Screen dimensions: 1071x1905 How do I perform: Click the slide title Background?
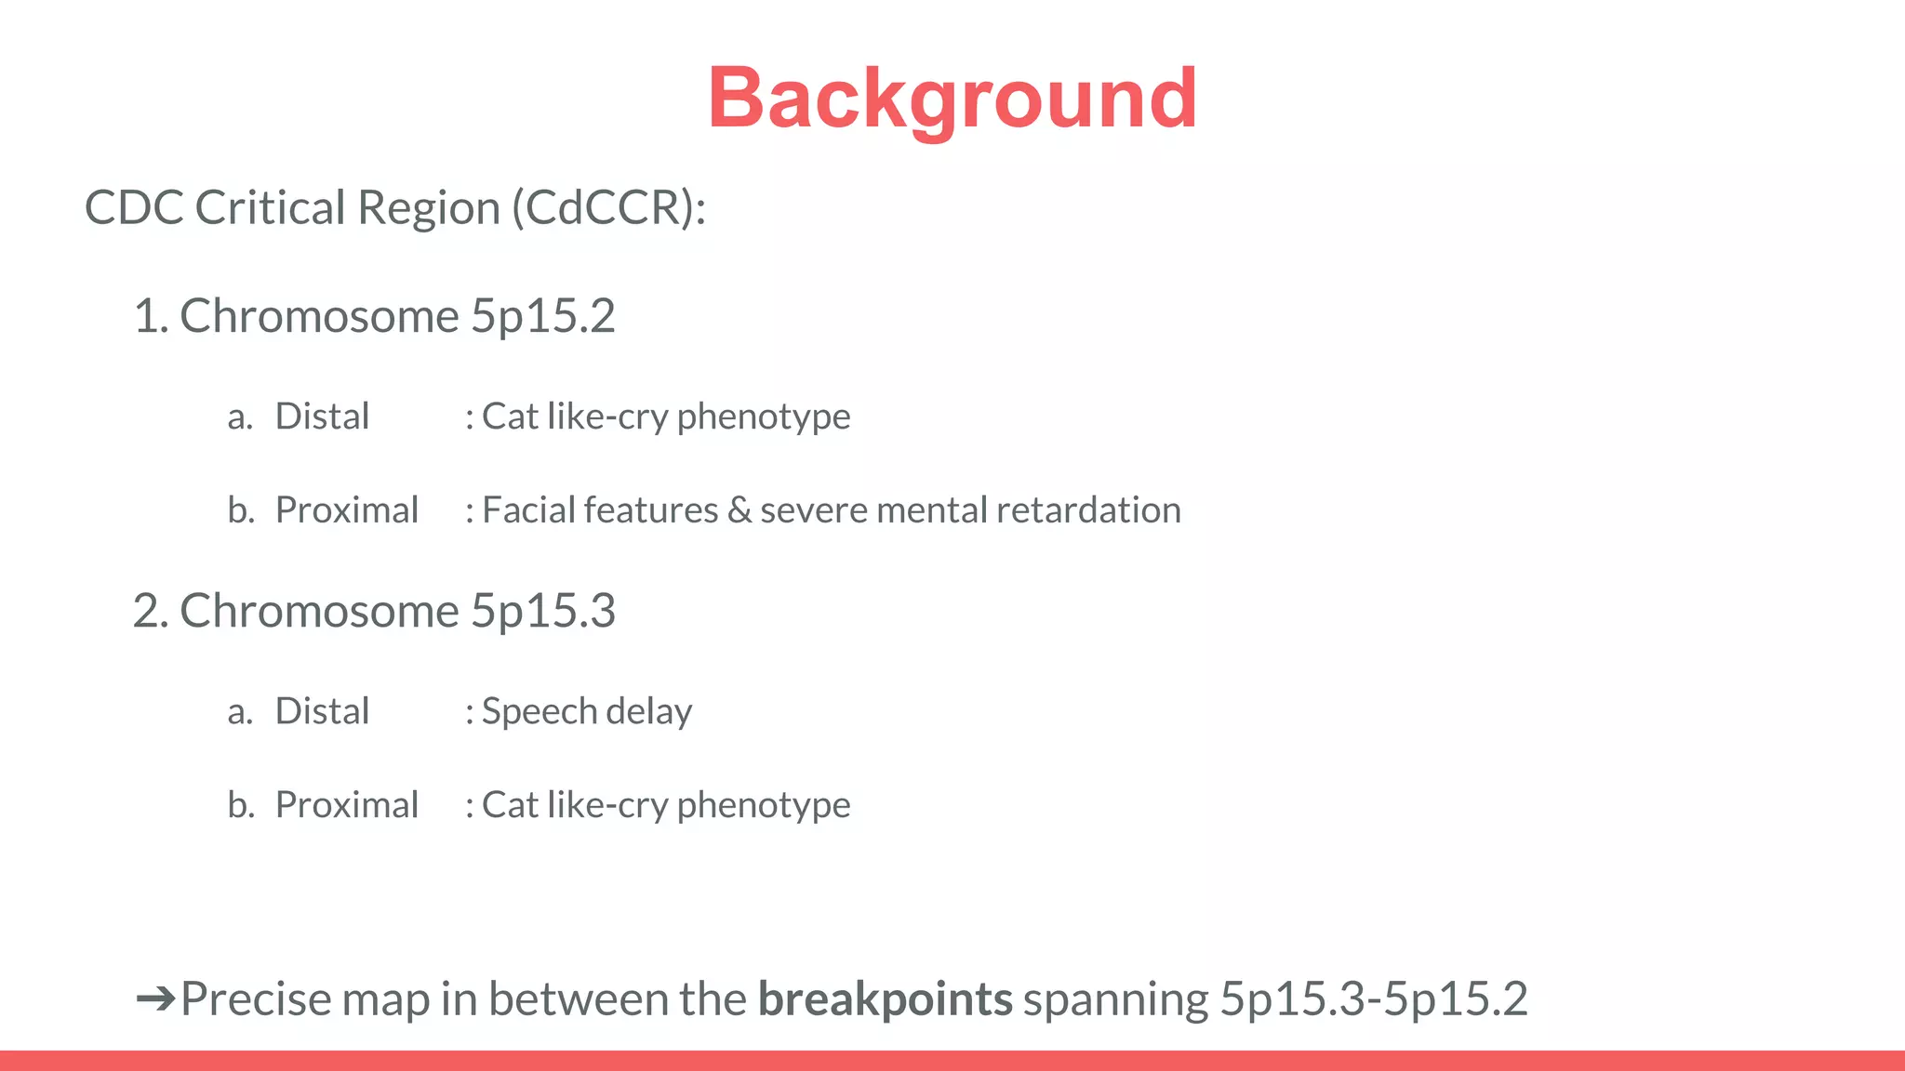pos(952,99)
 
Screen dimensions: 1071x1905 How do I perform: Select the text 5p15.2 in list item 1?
pos(542,316)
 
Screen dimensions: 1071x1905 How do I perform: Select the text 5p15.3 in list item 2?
pos(542,611)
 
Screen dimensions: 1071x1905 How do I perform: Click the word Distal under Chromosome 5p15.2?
pos(322,416)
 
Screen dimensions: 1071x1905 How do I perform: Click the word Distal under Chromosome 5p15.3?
pos(322,711)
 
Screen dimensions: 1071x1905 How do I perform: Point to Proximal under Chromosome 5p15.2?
pos(346,510)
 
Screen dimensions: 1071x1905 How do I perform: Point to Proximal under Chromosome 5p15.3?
pos(346,805)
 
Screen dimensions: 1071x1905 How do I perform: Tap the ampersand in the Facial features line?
pos(739,510)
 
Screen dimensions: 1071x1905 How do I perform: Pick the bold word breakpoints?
pos(885,999)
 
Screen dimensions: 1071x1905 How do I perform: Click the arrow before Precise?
pos(154,999)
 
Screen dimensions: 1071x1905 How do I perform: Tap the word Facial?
pos(527,510)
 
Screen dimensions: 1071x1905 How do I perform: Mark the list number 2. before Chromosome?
pos(151,612)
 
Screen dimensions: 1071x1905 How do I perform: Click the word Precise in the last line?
pos(256,999)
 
